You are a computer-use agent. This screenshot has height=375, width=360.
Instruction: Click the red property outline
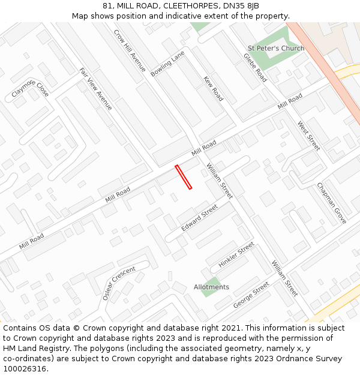coord(183,177)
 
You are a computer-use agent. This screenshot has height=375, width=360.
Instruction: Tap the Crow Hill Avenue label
coord(130,50)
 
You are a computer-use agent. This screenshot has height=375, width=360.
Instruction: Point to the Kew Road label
coord(213,88)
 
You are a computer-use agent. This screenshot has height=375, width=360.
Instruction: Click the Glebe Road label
coord(255,67)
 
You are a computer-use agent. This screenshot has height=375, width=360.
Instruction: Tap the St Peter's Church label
coord(276,48)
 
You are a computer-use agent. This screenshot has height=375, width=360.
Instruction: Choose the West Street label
coord(309,136)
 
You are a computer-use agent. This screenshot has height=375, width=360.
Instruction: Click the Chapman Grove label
coord(332,203)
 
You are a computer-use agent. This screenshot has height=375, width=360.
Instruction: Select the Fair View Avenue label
coord(96,89)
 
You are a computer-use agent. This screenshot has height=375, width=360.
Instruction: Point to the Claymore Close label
coord(30,89)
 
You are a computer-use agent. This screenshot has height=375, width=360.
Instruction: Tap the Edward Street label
coord(199,218)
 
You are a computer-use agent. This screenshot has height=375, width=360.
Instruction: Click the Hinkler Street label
coord(236,255)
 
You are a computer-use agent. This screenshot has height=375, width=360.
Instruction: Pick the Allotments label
coord(211,287)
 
